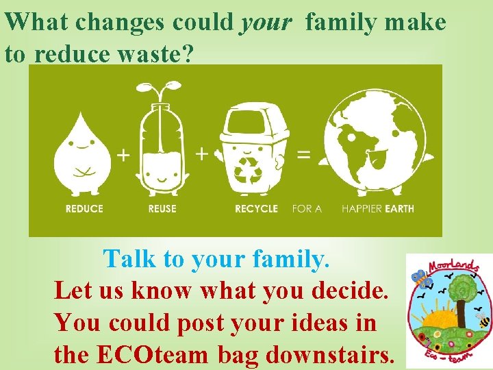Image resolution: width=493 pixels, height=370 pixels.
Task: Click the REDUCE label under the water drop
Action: point(84,208)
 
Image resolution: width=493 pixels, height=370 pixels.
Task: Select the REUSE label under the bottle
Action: point(162,208)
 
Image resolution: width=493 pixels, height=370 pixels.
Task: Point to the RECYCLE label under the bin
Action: point(256,208)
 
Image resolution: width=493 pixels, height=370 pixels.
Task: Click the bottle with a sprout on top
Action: point(162,147)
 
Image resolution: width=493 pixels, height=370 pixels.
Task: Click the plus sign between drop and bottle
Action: point(123,156)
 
